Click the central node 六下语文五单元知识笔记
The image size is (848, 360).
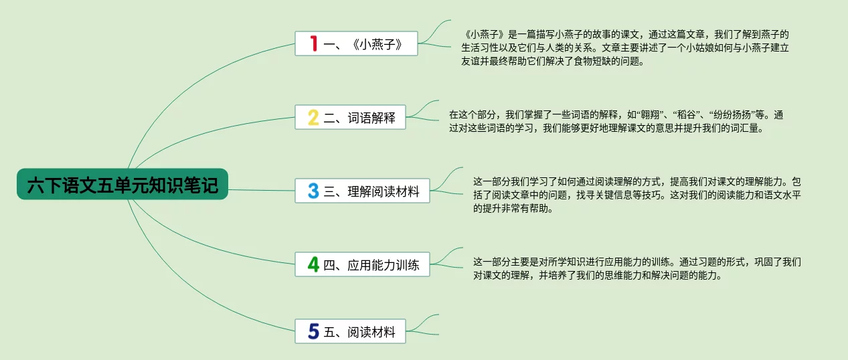[x=122, y=185]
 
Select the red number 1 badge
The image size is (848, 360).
[x=313, y=43]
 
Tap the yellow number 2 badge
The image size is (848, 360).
[x=313, y=117]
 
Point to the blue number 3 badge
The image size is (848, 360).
[x=313, y=191]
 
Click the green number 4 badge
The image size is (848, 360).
[x=313, y=264]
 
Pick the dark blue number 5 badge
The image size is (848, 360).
[x=313, y=331]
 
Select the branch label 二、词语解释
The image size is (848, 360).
[x=359, y=118]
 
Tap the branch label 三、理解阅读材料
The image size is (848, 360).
[x=371, y=191]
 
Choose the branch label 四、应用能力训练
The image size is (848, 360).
[x=371, y=265]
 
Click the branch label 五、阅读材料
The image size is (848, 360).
[x=359, y=332]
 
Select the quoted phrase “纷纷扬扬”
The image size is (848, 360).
[x=731, y=114]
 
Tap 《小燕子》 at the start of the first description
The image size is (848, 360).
[x=485, y=34]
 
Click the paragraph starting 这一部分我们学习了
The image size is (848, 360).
[x=637, y=195]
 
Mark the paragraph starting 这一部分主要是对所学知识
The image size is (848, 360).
[x=637, y=268]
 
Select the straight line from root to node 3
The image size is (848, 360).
[x=262, y=190]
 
